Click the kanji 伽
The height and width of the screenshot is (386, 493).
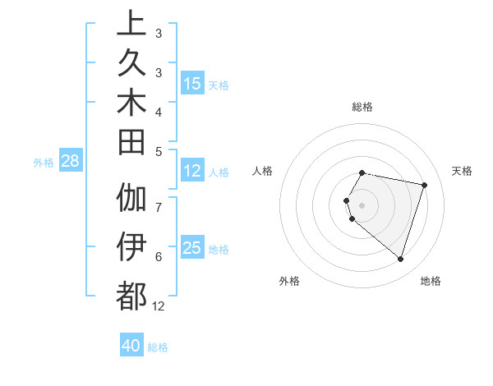tap(131, 198)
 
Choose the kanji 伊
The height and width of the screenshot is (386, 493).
tap(131, 246)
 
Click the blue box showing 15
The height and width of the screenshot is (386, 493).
tap(192, 83)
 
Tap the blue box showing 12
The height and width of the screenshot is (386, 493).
tap(192, 171)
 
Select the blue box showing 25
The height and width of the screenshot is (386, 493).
tap(192, 248)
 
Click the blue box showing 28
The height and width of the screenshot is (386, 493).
tap(70, 161)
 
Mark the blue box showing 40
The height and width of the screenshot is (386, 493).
tap(131, 346)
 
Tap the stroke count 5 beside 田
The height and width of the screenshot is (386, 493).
tap(158, 150)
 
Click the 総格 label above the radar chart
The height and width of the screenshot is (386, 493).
tap(362, 107)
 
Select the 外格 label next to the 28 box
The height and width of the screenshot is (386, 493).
tap(44, 162)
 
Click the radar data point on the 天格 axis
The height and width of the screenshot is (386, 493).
tap(424, 185)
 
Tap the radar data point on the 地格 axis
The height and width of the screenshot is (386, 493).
tap(400, 259)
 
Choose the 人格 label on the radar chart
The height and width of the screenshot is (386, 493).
tap(263, 171)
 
